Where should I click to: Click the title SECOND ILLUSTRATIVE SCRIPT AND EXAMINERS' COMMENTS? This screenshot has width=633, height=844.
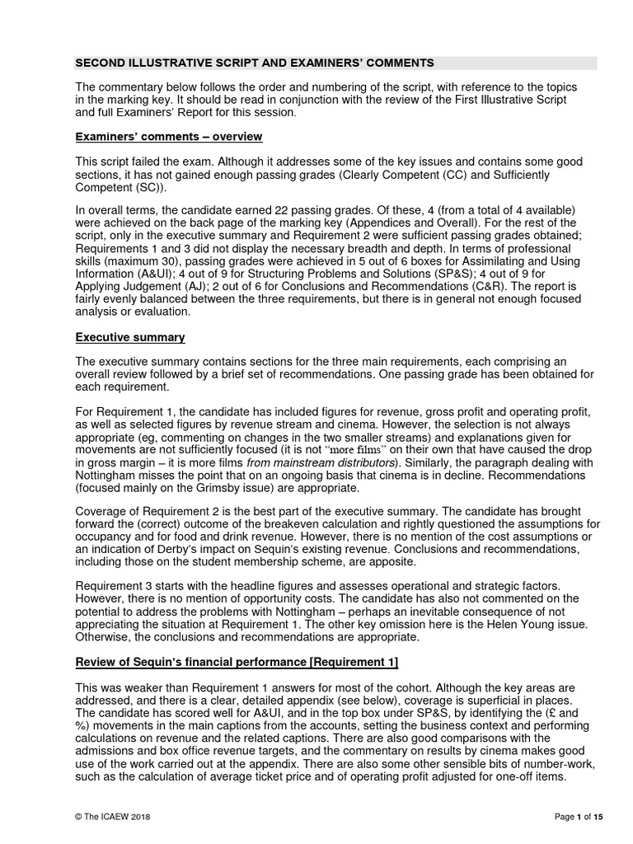[254, 63]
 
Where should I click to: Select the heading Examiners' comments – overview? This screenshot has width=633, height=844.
[169, 136]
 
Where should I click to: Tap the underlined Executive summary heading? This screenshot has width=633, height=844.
[130, 337]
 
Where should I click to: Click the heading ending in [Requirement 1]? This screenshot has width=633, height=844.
[237, 663]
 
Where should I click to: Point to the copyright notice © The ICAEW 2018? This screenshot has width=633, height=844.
[113, 816]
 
